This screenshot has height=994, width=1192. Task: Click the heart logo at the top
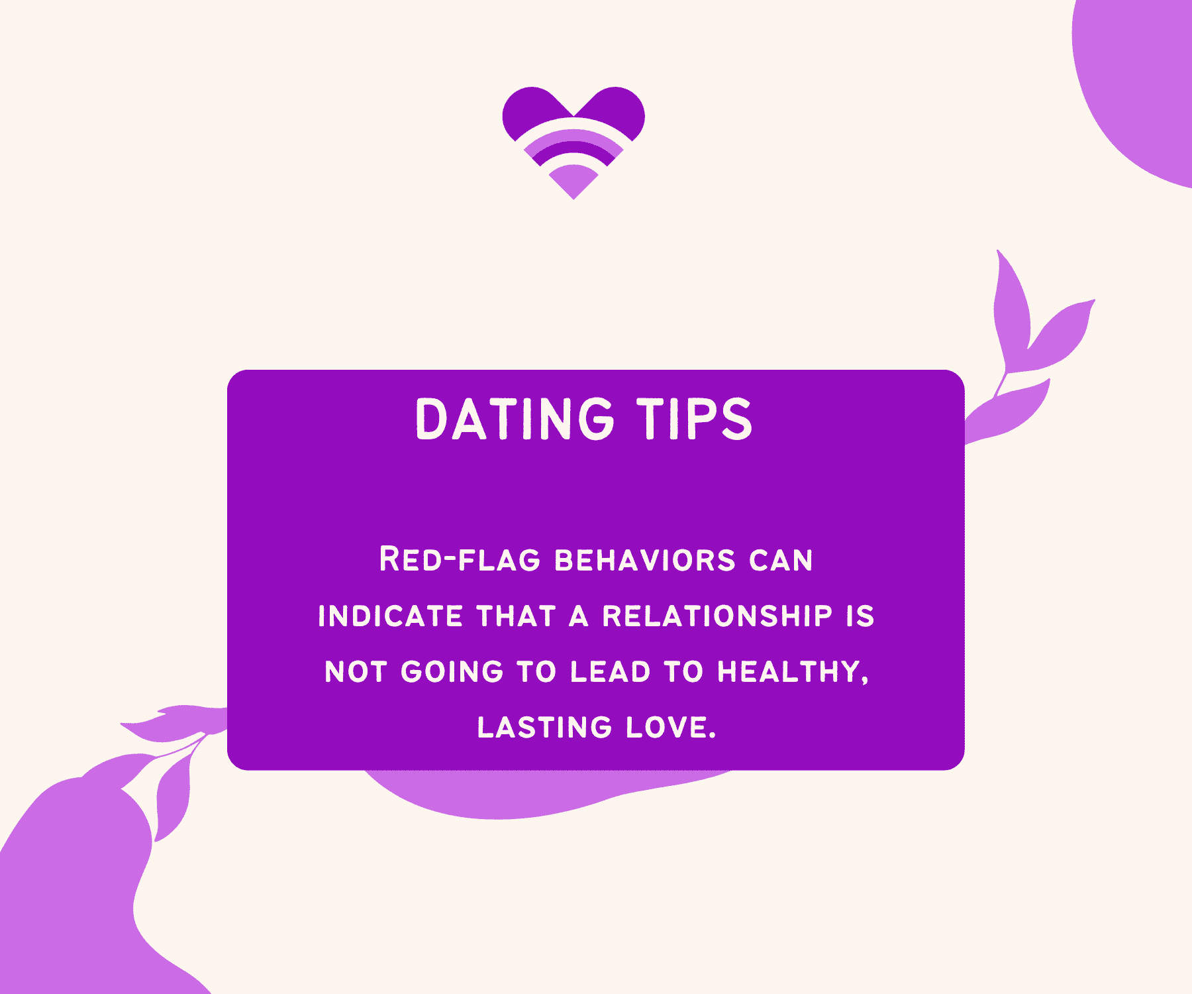point(573,142)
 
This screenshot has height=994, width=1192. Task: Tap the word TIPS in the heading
point(695,419)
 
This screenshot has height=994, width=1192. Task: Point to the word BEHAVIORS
point(645,561)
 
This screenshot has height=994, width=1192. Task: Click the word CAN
point(781,561)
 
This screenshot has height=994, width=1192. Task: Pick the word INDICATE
point(390,616)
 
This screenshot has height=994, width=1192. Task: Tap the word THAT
point(516,616)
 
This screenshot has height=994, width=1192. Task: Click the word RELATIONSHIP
point(717,616)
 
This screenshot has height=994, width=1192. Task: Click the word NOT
point(356,672)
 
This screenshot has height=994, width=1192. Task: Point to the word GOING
point(452,672)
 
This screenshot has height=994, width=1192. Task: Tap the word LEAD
point(611,672)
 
